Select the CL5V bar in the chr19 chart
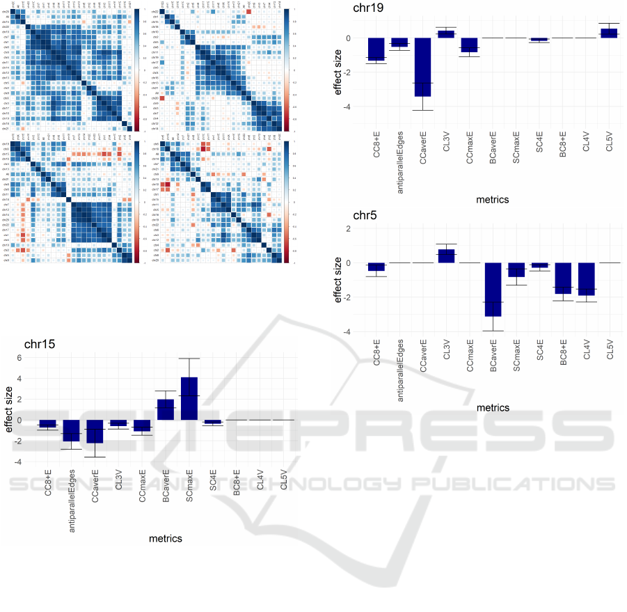(609, 33)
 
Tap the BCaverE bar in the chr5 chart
(494, 289)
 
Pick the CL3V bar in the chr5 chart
(446, 256)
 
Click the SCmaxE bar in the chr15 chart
(189, 398)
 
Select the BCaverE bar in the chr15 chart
(166, 409)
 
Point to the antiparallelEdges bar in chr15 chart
(72, 430)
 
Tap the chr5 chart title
(365, 215)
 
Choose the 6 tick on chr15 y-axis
(19, 358)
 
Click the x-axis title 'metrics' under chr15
(166, 538)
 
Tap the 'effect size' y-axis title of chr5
(339, 281)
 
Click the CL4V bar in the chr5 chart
(587, 279)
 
